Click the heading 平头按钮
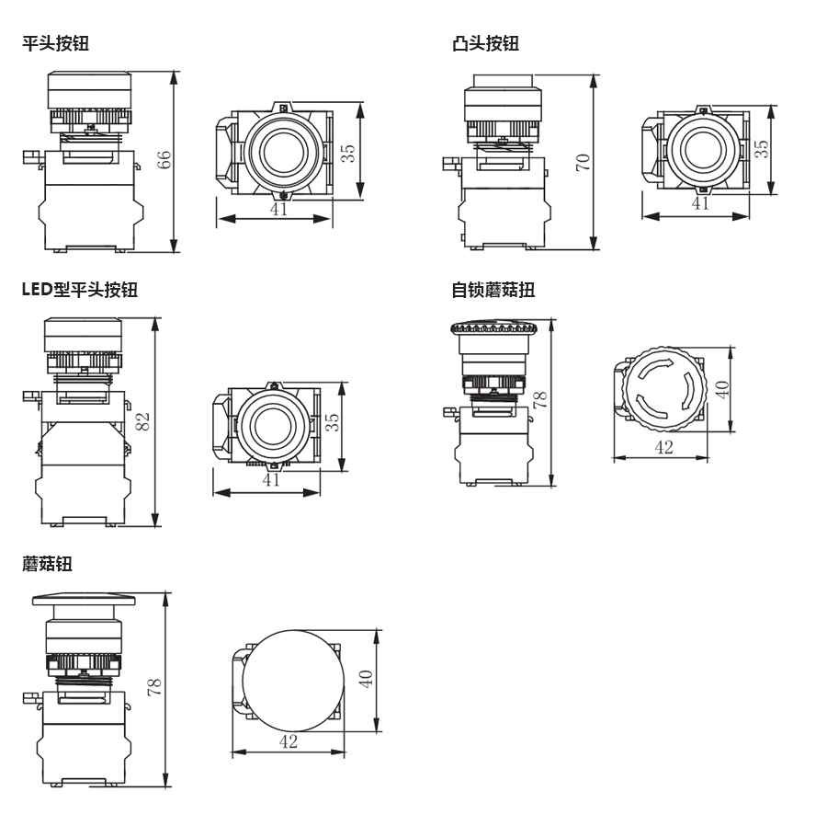coord(56,43)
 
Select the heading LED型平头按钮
coord(80,290)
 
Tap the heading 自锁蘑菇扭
coord(493,290)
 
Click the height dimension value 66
coord(164,160)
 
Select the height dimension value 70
coord(583,162)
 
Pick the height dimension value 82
coord(143,421)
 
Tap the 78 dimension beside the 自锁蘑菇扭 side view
coord(540,399)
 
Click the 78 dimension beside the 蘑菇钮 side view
coord(154,684)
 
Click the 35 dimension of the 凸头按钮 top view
coord(762,149)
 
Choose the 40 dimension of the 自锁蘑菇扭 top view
coord(721,389)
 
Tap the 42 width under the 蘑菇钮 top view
coord(289,741)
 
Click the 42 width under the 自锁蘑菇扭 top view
coord(663,447)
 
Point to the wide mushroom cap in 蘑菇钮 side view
coord(85,601)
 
